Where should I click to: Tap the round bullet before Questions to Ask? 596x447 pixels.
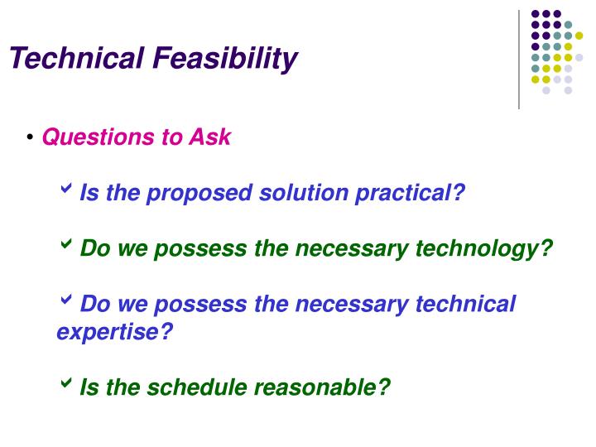tap(31, 136)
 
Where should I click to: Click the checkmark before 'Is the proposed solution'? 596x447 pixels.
tap(66, 190)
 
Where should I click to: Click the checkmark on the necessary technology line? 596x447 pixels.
tap(66, 246)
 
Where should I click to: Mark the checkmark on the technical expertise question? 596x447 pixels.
tap(66, 301)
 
